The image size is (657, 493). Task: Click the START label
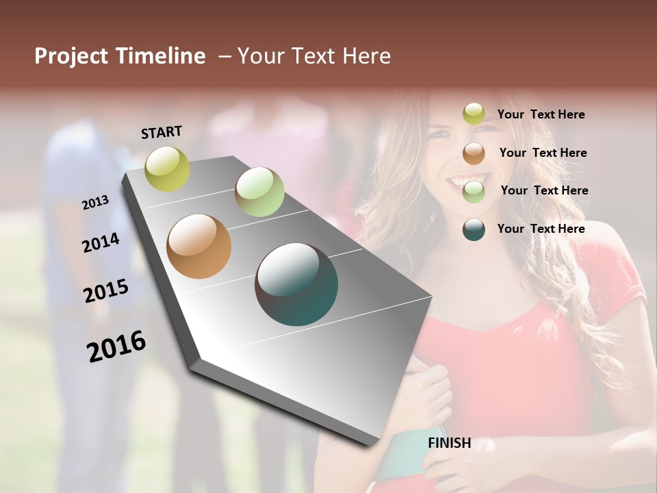pos(162,132)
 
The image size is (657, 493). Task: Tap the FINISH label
pos(449,443)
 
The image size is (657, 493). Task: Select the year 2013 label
pos(95,203)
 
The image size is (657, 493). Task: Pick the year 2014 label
pos(101,242)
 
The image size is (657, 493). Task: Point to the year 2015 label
pos(106,290)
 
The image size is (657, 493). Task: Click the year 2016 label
pos(116,346)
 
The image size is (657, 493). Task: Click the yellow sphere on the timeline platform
pos(167,168)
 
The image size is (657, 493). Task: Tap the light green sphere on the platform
pos(259,192)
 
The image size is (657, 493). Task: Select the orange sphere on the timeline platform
pos(198,246)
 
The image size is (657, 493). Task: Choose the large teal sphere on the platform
pos(296,284)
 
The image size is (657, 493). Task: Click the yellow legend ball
pos(474,114)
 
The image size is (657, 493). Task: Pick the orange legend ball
pos(474,153)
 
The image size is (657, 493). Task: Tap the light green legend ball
pos(474,191)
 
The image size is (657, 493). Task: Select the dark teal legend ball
pos(474,229)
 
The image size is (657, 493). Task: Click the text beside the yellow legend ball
pos(541,114)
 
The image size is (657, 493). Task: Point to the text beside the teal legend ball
pos(541,229)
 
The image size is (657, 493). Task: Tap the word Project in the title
pos(71,56)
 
